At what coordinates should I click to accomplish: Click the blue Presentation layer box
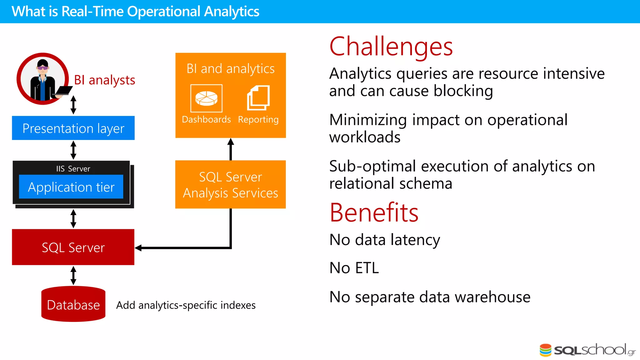[73, 128]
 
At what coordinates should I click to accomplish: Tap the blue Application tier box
[71, 187]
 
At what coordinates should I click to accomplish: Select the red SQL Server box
[73, 247]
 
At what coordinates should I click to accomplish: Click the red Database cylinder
[73, 304]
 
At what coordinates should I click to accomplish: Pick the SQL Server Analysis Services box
[230, 185]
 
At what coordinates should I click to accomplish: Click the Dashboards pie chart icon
[206, 98]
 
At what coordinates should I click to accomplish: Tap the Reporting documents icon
[258, 98]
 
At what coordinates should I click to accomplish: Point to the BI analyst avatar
[43, 79]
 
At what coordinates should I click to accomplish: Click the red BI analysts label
[104, 80]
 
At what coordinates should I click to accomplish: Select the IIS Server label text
[73, 169]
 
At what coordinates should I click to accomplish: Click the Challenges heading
[391, 47]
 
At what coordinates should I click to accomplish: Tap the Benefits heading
[374, 212]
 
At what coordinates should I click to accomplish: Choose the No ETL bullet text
[354, 268]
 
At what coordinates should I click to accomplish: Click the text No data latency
[385, 240]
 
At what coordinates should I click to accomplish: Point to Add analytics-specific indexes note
[186, 305]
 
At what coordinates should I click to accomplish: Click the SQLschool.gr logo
[587, 350]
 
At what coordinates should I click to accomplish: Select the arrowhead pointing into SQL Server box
[138, 248]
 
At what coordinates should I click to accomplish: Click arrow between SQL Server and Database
[73, 275]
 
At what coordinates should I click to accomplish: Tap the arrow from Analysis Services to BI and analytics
[231, 149]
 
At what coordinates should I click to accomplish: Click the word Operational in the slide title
[163, 12]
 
